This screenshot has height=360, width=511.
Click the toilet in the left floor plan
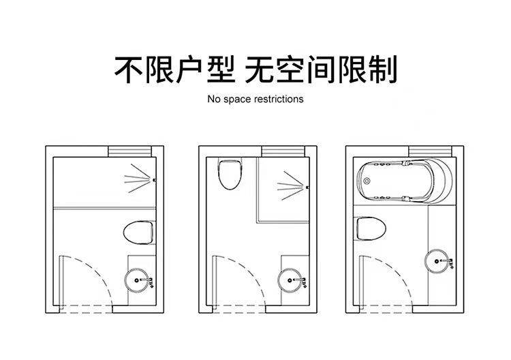point(140,232)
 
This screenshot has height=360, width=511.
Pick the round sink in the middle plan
point(291,279)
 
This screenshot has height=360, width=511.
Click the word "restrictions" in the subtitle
point(279,100)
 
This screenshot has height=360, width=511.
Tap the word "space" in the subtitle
point(236,100)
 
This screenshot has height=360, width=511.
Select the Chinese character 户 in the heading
point(187,68)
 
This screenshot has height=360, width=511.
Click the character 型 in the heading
point(219,68)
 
